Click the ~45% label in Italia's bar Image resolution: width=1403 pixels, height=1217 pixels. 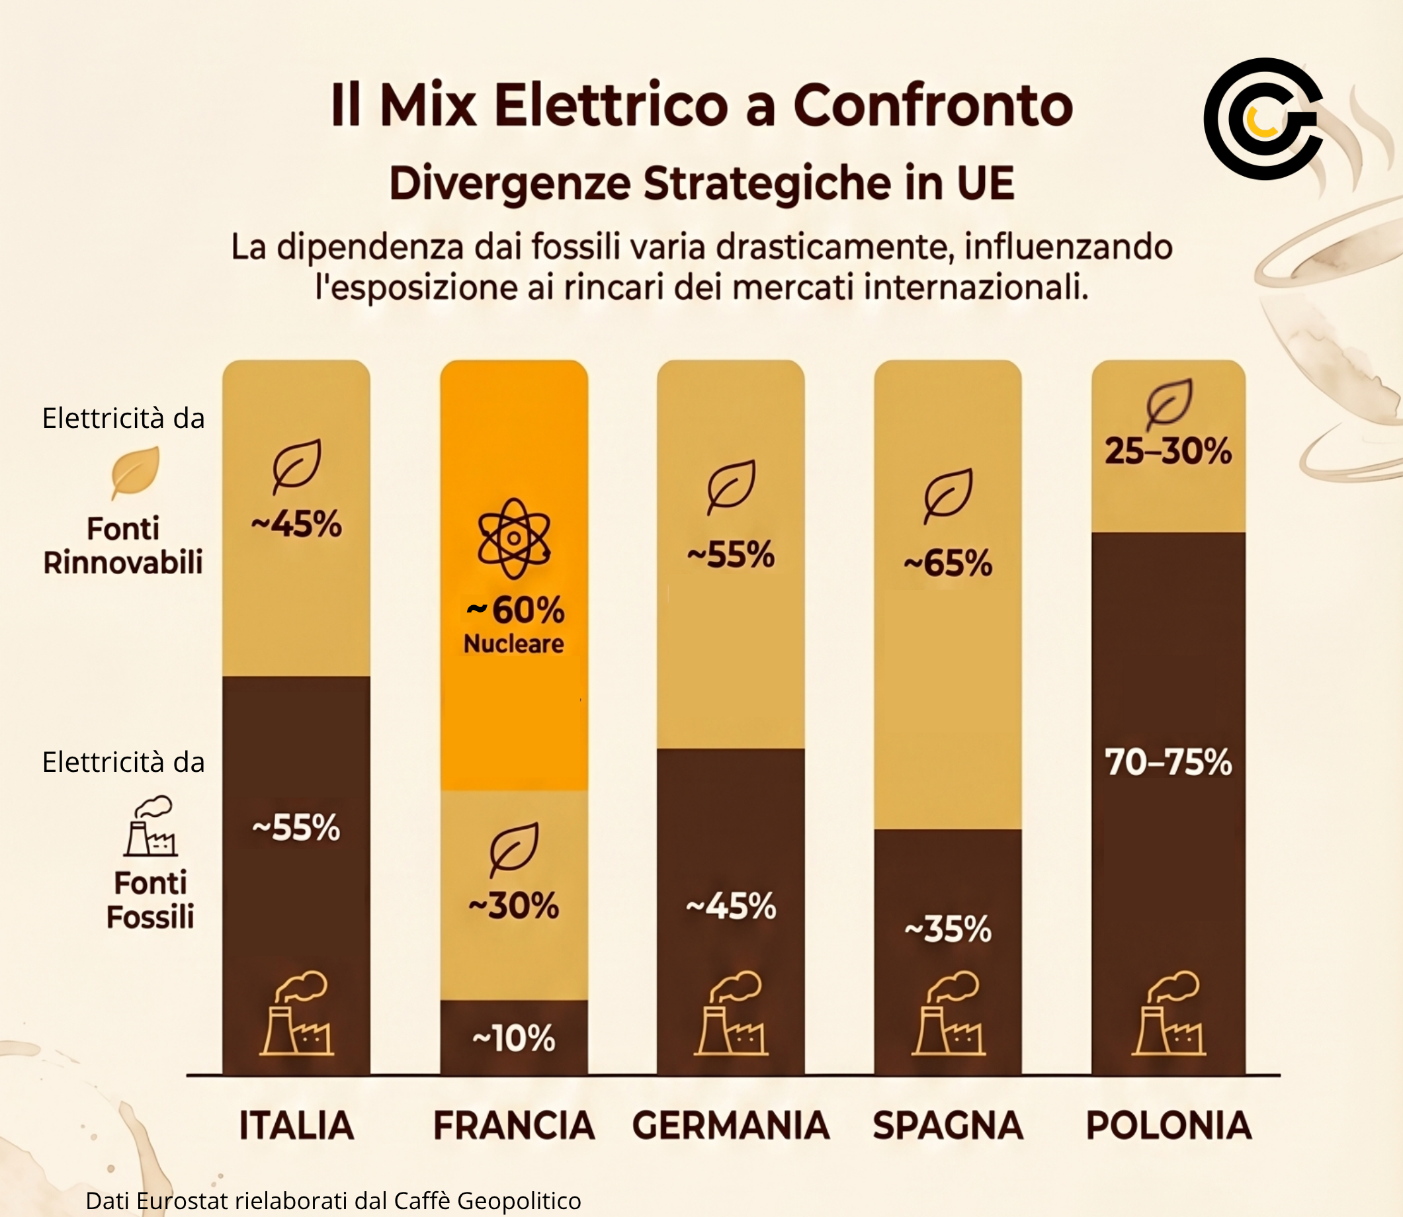pos(296,525)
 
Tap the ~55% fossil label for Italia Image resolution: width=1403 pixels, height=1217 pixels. pos(296,828)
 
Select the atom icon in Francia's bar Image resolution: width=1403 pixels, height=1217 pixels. pos(514,538)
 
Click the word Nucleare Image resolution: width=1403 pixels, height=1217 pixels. pos(513,644)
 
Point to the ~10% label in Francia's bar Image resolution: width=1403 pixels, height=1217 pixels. pos(513,1038)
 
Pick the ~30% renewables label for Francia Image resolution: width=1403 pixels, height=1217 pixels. pos(513,906)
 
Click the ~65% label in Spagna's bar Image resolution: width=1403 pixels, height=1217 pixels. pos(948,563)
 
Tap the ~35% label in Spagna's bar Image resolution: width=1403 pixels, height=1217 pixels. pos(948,929)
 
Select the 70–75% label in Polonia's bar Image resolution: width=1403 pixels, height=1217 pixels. pos(1168,762)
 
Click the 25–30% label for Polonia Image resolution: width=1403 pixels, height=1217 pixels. pos(1168,451)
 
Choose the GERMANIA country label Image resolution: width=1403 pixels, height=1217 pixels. pos(731,1125)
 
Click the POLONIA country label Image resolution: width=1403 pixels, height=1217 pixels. pos(1169,1125)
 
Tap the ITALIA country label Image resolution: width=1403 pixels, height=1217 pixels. pos(297,1125)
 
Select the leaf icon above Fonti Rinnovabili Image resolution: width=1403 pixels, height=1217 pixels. pos(135,473)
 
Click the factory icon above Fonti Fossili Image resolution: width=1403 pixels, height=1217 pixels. pos(150,826)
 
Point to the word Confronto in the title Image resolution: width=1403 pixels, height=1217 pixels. pos(933,105)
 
